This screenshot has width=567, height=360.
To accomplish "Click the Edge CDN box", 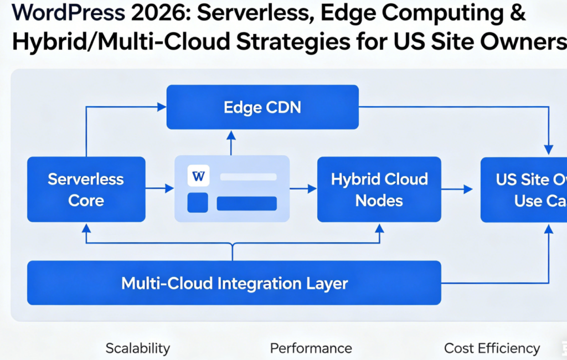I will (262, 107).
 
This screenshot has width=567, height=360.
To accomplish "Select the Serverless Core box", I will (86, 189).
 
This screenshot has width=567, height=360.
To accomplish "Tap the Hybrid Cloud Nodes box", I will (379, 189).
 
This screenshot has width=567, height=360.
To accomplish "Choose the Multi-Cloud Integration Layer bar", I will (234, 283).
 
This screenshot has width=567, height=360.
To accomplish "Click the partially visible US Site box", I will (524, 189).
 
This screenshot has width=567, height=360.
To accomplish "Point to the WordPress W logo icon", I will (198, 177).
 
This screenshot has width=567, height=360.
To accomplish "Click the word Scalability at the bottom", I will (137, 348).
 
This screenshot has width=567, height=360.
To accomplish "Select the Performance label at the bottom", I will (311, 348).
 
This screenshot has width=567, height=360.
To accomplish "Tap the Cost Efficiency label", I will (492, 348).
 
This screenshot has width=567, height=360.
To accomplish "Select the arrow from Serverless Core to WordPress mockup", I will (160, 189).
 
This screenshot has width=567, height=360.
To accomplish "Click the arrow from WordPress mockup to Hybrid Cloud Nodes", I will (303, 189).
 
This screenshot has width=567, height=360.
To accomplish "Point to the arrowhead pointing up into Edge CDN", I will (231, 135).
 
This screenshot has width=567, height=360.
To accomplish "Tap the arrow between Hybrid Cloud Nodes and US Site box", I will (457, 189).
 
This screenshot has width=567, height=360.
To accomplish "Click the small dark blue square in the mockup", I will (198, 203).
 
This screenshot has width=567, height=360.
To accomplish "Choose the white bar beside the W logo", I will (248, 177).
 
